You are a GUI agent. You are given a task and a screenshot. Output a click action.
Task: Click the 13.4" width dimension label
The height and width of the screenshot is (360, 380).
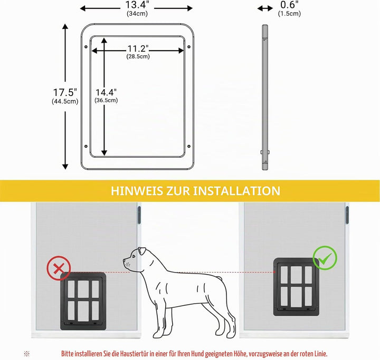point(137,5)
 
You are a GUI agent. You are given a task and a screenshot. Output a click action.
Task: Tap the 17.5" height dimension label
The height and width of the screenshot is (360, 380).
point(65,92)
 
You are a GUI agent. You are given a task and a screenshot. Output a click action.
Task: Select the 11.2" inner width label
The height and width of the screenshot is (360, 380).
point(138,48)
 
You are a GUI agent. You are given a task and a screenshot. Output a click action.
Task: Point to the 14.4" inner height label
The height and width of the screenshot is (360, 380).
point(106,92)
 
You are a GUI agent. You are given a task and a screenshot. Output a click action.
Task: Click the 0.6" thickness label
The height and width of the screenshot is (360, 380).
point(289,5)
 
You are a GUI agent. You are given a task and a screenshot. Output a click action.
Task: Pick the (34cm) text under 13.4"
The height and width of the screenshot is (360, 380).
point(137,13)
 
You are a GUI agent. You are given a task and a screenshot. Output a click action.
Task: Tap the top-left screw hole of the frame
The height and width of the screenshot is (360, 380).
point(86,47)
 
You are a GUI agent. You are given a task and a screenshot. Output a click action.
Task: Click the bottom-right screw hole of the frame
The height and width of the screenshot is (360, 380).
point(189,146)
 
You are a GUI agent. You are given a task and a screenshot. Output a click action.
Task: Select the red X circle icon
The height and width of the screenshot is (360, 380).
point(59,268)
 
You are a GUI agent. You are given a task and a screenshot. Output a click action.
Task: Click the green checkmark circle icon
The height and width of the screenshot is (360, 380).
point(325,258)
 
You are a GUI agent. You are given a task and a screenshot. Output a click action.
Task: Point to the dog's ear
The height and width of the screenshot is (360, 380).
point(142,251)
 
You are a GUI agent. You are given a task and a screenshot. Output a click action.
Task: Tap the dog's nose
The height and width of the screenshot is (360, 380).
point(124,260)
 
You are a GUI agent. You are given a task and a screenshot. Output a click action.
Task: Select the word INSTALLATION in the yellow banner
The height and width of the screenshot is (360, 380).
point(236,191)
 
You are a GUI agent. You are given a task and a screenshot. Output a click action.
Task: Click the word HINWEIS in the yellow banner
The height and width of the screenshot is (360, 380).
point(137,191)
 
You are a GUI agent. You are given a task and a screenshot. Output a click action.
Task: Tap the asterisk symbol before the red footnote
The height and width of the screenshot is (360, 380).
point(27,354)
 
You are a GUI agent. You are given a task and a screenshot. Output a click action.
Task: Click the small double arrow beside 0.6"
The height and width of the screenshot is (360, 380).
point(265,9)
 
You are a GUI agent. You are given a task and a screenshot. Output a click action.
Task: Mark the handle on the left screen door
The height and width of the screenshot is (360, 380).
point(139,215)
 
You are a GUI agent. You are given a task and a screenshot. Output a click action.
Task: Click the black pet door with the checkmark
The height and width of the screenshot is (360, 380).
point(296,287)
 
